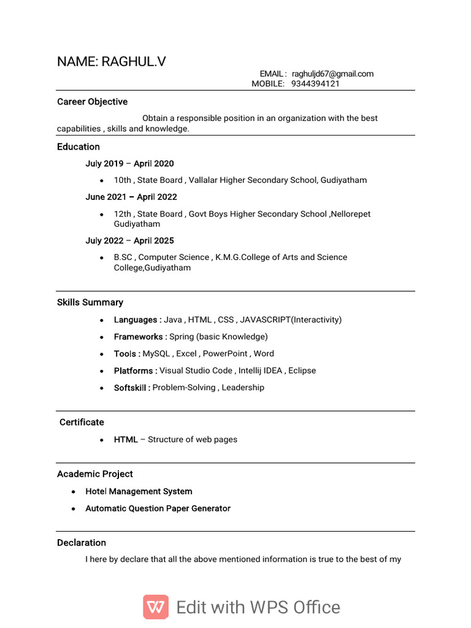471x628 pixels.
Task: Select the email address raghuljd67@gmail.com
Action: click(x=332, y=74)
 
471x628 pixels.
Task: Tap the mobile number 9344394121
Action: click(x=315, y=83)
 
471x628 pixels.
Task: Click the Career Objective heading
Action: click(x=92, y=102)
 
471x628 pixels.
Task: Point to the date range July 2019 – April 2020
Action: click(x=129, y=164)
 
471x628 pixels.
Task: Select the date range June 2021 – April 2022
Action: click(x=131, y=197)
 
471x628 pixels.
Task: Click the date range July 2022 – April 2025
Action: click(x=129, y=240)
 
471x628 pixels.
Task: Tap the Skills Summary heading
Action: click(x=90, y=302)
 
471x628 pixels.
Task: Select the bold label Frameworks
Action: click(x=140, y=337)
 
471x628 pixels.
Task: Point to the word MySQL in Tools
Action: click(x=157, y=353)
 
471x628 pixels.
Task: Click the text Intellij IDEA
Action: click(x=261, y=370)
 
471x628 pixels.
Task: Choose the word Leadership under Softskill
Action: click(x=243, y=388)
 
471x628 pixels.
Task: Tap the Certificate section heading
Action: click(x=82, y=422)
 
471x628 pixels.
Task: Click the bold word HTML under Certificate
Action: click(x=126, y=439)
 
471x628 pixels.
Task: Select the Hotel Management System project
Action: click(x=139, y=491)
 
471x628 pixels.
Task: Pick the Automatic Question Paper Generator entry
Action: click(x=158, y=508)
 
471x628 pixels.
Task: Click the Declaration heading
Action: click(x=82, y=543)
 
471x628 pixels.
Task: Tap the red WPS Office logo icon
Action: click(x=156, y=607)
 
